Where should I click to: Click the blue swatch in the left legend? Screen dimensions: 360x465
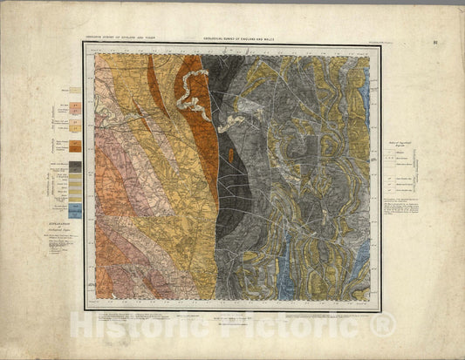click(x=76, y=210)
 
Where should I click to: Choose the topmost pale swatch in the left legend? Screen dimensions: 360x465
click(x=76, y=90)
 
